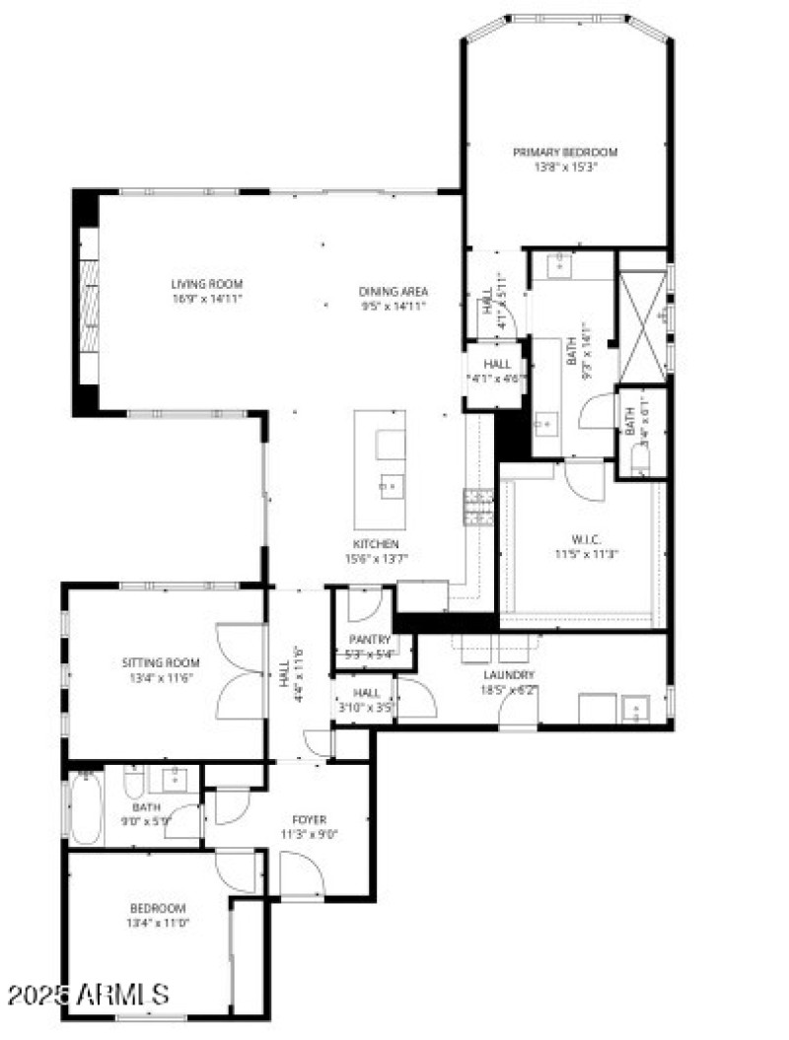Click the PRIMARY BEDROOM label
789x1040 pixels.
coord(565,152)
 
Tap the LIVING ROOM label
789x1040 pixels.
coord(206,284)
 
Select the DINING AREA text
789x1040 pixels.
coord(393,291)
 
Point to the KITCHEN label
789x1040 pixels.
coord(377,543)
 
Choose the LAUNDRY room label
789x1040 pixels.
coord(509,674)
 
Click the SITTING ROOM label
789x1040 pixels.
coord(161,662)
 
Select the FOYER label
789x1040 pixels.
coord(309,819)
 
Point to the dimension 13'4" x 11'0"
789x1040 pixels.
coord(158,923)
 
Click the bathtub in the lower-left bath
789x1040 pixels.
coord(86,809)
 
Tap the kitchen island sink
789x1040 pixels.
coord(391,485)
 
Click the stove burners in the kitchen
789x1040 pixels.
coord(479,507)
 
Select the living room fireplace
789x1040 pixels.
coord(89,305)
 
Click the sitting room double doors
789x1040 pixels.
coord(241,671)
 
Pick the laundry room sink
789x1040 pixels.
coord(634,708)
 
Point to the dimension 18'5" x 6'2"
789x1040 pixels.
coord(509,689)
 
